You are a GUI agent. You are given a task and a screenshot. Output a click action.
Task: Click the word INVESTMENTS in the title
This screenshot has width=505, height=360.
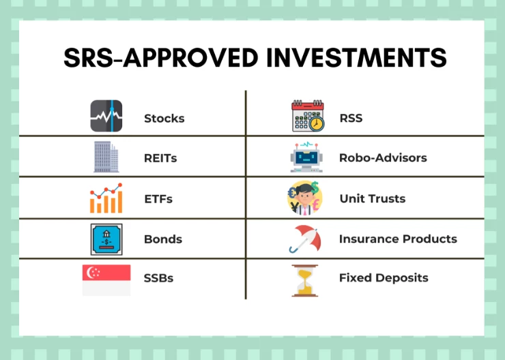356,57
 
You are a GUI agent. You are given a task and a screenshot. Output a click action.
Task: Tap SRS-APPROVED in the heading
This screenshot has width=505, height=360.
160,57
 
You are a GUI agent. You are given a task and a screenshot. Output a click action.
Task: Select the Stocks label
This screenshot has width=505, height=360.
164,119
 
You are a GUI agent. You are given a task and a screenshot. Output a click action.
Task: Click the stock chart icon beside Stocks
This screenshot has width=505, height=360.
106,116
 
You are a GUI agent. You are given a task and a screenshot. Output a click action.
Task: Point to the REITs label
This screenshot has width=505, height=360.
160,158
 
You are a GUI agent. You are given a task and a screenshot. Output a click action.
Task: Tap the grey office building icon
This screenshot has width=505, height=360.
106,157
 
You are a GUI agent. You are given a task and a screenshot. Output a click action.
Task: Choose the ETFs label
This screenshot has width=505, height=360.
158,199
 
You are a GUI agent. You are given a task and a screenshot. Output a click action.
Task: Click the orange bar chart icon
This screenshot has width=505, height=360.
106,198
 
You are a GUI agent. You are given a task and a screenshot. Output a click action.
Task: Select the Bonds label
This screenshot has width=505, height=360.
163,239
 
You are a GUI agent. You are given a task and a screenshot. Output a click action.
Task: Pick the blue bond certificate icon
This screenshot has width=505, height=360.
106,239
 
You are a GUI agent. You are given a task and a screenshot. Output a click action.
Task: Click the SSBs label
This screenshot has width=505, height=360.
158,278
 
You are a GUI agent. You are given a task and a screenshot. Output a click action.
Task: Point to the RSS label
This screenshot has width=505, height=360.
351,118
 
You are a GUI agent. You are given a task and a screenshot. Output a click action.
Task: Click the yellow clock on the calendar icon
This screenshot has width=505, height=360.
317,124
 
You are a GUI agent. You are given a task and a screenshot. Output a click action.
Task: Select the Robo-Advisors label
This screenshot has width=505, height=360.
383,157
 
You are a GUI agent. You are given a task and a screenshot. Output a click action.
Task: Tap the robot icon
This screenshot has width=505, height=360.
306,157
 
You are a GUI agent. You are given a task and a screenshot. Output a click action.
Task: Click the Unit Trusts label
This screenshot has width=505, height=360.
373,198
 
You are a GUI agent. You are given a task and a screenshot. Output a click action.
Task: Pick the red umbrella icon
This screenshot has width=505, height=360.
305,239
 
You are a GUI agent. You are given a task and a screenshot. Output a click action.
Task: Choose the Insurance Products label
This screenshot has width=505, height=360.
398,239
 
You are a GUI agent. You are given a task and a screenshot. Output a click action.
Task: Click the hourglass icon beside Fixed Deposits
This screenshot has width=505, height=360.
304,280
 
